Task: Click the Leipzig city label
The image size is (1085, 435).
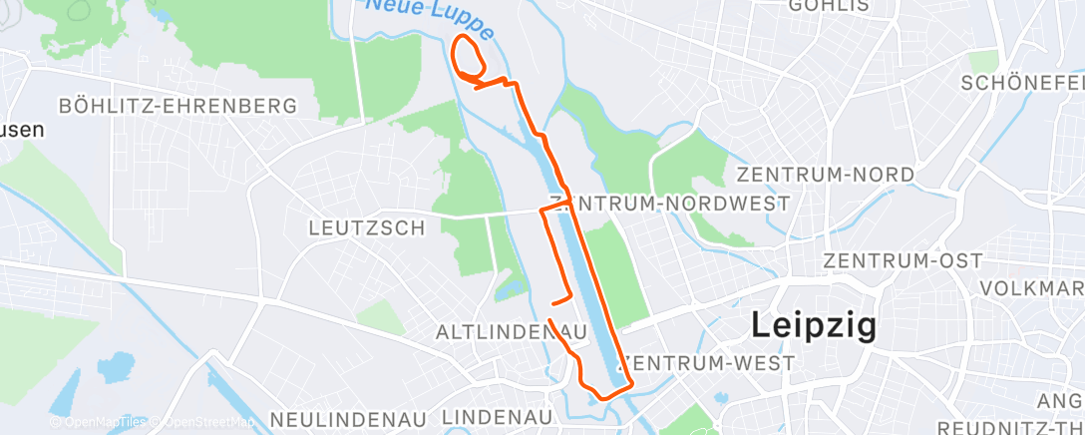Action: coord(813,325)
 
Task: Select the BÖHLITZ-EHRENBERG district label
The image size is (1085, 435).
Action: coord(178,106)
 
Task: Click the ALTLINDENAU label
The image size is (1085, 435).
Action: coord(496,331)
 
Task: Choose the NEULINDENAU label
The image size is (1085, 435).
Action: coord(348,417)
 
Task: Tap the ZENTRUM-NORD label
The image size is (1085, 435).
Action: coord(825,175)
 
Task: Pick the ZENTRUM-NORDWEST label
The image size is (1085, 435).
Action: coord(678,204)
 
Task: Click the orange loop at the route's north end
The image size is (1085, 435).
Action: coord(469,54)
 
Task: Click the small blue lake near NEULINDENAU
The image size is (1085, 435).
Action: coord(116,366)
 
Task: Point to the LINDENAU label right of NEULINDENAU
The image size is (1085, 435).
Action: coord(496,417)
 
